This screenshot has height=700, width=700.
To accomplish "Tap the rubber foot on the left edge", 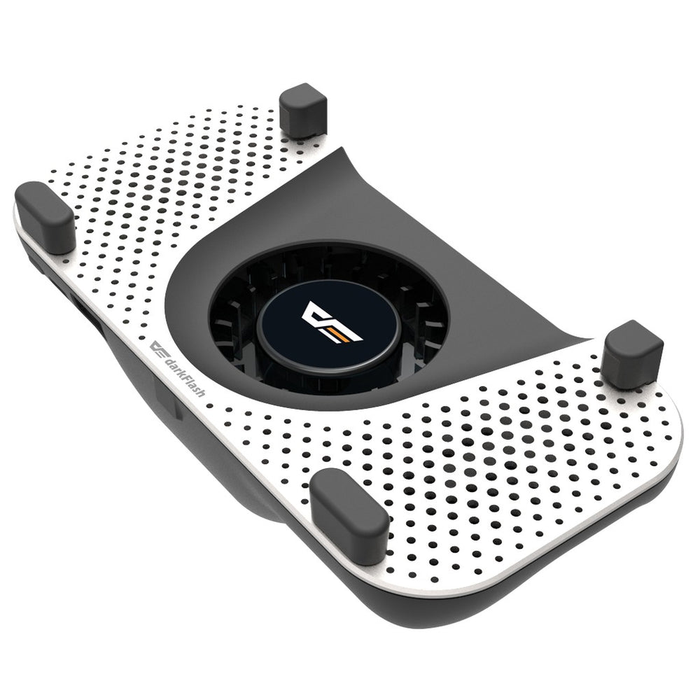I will pyautogui.click(x=45, y=216).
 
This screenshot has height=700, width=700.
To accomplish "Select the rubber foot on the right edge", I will pyautogui.click(x=632, y=353).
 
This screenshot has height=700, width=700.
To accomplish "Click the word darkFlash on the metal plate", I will pyautogui.click(x=181, y=375).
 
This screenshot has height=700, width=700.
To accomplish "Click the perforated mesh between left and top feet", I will pyautogui.click(x=175, y=168).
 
